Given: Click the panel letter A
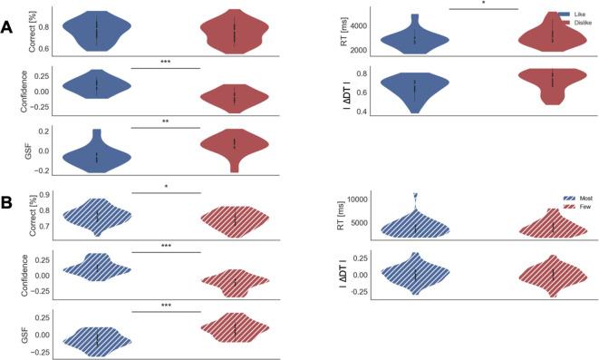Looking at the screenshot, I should coord(8,28).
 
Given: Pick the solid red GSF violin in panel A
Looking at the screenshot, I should coord(234,145).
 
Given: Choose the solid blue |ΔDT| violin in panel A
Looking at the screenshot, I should coord(416,90).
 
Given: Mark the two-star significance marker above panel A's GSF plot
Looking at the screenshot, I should coord(166,121).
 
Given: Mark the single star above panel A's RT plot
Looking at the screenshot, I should coord(483,3).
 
